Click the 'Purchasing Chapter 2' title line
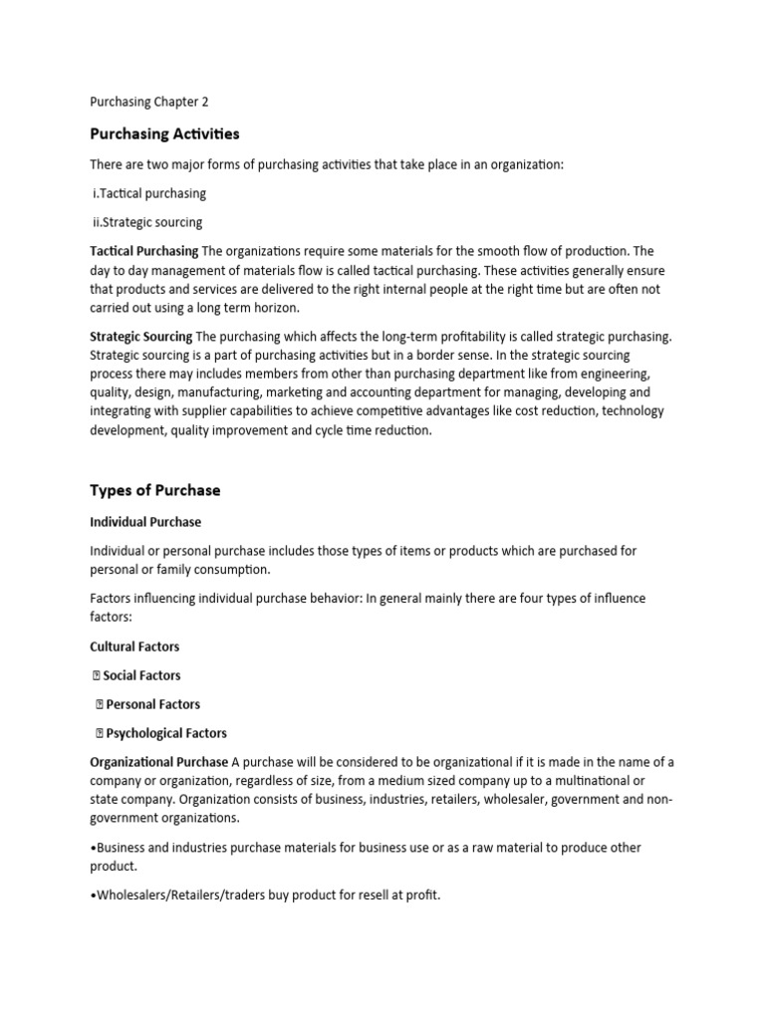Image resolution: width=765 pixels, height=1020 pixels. pos(148,102)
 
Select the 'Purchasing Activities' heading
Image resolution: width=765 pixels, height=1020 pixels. pos(164,133)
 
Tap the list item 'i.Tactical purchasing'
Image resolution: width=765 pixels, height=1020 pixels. pos(149,193)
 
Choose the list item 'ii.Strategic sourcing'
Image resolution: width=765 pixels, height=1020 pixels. pos(148,222)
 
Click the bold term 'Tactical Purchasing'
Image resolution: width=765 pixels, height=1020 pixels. pos(143,251)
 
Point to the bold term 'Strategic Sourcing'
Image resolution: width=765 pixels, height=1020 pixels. pos(140,337)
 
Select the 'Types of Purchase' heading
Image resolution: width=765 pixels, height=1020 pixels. pos(154,490)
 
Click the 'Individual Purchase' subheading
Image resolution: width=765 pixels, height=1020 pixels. pos(144,522)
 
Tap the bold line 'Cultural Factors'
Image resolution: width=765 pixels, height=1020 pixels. pos(134,646)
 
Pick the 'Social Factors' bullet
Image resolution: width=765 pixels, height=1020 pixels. pos(141,675)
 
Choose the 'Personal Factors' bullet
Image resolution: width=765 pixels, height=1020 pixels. pos(152,704)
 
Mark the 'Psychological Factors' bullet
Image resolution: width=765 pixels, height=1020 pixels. pos(166,734)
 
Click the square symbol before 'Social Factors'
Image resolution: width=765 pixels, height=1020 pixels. pos(97,675)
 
